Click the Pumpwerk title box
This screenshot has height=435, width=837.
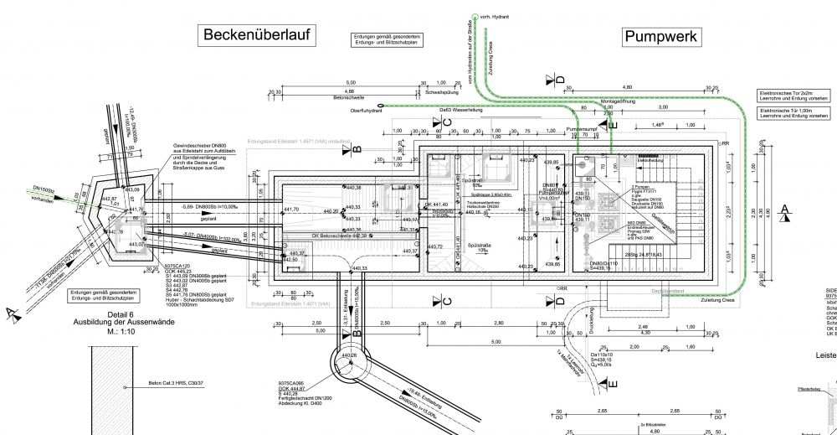(x=660, y=36)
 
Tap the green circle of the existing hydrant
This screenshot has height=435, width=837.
(x=475, y=16)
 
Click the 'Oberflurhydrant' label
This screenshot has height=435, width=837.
(x=367, y=110)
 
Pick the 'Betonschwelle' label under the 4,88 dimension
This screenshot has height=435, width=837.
(x=350, y=97)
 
